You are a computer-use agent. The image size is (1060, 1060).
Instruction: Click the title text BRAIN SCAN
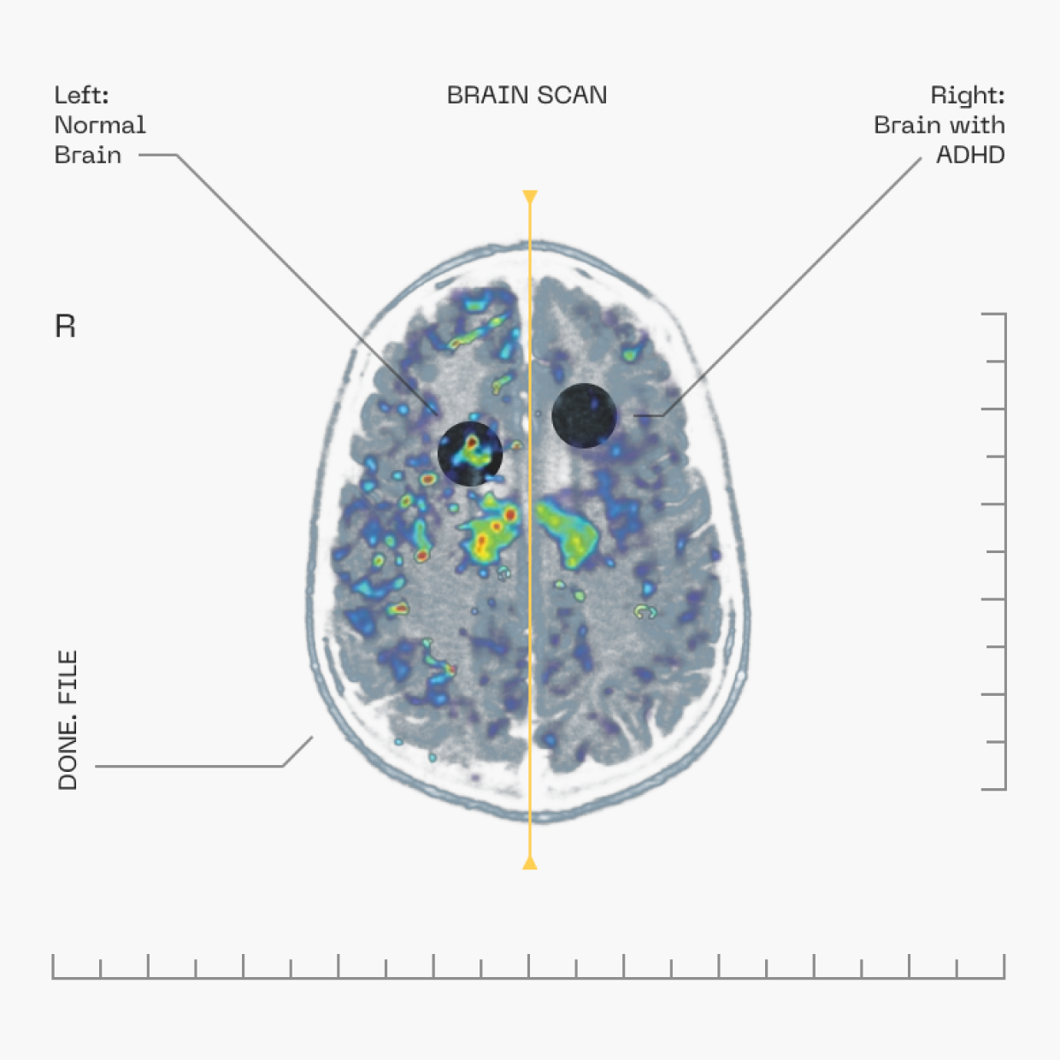tap(527, 95)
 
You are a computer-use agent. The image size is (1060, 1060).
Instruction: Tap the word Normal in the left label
tap(100, 125)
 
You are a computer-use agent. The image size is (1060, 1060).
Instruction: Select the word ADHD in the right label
tap(970, 155)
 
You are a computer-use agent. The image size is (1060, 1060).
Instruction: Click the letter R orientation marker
tap(65, 327)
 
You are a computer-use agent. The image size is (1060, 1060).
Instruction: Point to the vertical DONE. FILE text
tap(68, 720)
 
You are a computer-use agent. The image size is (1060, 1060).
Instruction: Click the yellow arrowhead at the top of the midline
tap(530, 197)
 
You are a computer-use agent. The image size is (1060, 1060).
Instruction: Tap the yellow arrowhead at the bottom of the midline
tap(530, 863)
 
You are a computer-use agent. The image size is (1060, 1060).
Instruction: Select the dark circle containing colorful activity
tap(469, 453)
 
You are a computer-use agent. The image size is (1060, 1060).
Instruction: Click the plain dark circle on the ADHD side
tap(584, 415)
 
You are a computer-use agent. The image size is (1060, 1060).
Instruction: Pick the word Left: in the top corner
tap(81, 95)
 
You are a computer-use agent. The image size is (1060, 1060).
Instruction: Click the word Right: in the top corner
tap(967, 95)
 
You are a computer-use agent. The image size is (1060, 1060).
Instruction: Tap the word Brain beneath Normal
tap(87, 155)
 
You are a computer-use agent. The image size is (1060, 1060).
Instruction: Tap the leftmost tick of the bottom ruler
tap(53, 967)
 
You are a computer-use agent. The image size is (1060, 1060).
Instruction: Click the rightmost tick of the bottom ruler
tap(1004, 967)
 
